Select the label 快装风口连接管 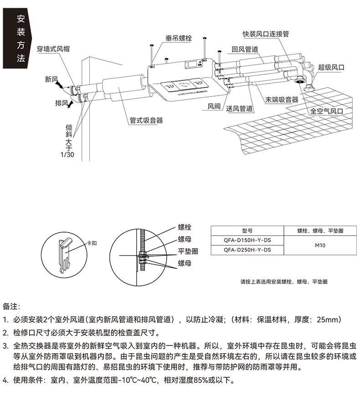tap(266, 34)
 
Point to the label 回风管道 tap(245, 49)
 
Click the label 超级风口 tap(331, 67)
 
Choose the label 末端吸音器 tap(282, 99)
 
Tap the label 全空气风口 tap(326, 111)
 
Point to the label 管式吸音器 tap(146, 121)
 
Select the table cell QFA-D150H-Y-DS tap(247, 240)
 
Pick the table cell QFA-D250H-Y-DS tap(247, 250)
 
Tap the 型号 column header tap(247, 231)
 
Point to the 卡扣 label tap(92, 244)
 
